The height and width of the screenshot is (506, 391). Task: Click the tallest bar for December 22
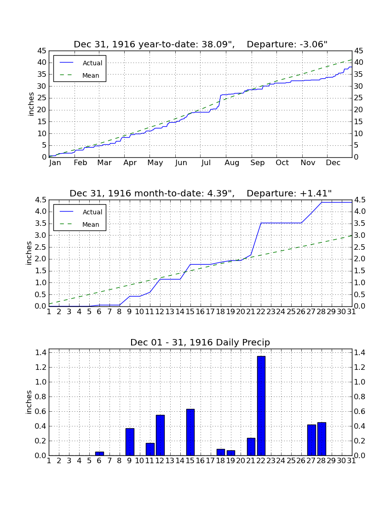pyautogui.click(x=261, y=406)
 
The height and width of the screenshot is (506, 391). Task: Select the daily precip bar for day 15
pyautogui.click(x=190, y=432)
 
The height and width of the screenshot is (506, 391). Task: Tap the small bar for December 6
pyautogui.click(x=99, y=454)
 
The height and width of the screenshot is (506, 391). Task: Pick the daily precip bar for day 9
pyautogui.click(x=130, y=442)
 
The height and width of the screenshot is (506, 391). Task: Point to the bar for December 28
pyautogui.click(x=322, y=439)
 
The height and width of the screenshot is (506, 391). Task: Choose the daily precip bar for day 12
pyautogui.click(x=160, y=435)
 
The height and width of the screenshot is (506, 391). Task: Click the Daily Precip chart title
pyautogui.click(x=200, y=342)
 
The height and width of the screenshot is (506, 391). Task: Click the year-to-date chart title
pyautogui.click(x=201, y=44)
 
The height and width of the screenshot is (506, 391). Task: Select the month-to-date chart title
pyautogui.click(x=201, y=193)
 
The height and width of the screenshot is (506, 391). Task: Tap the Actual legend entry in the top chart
pyautogui.click(x=80, y=63)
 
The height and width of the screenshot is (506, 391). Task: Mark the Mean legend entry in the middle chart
pyautogui.click(x=80, y=224)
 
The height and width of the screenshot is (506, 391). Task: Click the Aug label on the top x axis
pyautogui.click(x=232, y=163)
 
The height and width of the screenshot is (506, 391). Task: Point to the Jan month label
pyautogui.click(x=55, y=163)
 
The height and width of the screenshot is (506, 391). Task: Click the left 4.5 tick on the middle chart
pyautogui.click(x=41, y=200)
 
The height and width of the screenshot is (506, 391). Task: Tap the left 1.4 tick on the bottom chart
pyautogui.click(x=41, y=352)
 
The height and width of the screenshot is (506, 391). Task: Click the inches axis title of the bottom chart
pyautogui.click(x=29, y=402)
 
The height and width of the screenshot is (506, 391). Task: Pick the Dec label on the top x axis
pyautogui.click(x=333, y=163)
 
